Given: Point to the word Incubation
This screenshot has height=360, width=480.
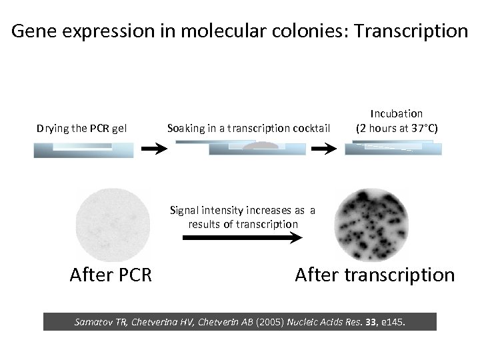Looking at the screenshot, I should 397,114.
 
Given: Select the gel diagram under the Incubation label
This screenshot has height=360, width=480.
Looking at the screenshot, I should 393,147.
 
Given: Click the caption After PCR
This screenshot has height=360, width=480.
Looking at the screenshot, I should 111,275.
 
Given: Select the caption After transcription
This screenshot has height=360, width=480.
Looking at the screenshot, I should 374,275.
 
